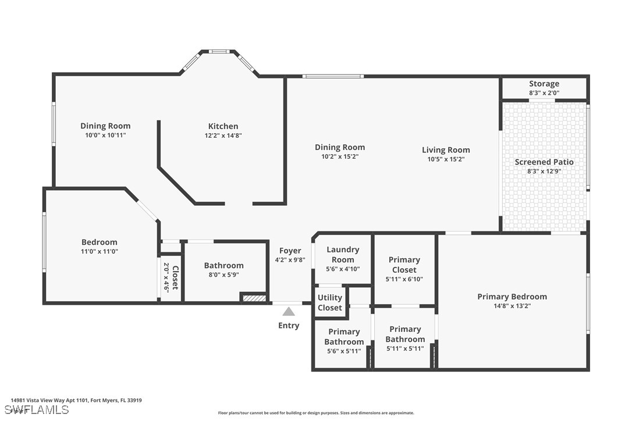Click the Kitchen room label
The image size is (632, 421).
click(x=223, y=126)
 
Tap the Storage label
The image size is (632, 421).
click(x=544, y=84)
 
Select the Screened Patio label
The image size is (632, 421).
click(x=544, y=162)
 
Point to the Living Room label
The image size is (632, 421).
click(x=446, y=150)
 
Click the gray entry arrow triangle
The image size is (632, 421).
click(x=288, y=312)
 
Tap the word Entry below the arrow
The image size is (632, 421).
click(x=289, y=326)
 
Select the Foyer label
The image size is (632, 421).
click(x=290, y=251)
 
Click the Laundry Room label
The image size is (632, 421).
click(x=343, y=255)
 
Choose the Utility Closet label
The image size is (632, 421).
click(x=330, y=302)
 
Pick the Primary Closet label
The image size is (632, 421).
click(x=404, y=265)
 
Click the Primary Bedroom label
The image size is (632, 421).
click(x=512, y=297)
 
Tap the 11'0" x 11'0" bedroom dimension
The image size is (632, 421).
click(x=99, y=251)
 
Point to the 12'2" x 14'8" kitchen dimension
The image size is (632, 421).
click(x=223, y=135)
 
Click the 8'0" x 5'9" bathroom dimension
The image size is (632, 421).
click(x=223, y=275)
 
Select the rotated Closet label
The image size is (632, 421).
click(x=175, y=277)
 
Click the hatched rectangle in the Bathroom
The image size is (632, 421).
click(x=254, y=298)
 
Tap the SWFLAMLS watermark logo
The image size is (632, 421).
click(x=37, y=410)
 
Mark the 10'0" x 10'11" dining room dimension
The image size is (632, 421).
click(x=105, y=135)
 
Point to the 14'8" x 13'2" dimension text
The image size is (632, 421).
click(x=512, y=306)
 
